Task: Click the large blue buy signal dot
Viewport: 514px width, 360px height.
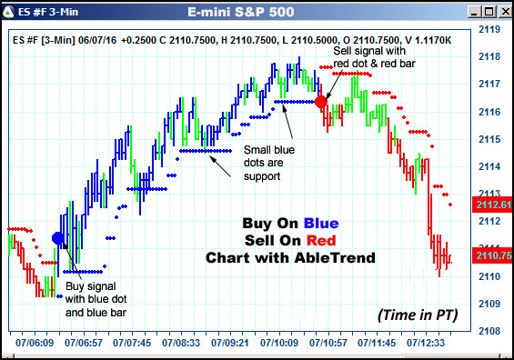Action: click(x=58, y=238)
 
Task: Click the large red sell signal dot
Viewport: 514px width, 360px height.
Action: click(x=321, y=101)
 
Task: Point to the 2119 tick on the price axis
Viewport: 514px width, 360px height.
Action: click(x=490, y=30)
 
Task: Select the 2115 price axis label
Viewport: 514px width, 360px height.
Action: click(x=490, y=139)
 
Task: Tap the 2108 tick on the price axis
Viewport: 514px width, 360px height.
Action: click(x=490, y=331)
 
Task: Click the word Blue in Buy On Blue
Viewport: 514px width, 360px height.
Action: click(x=323, y=224)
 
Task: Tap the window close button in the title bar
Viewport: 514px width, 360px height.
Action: click(x=501, y=12)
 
